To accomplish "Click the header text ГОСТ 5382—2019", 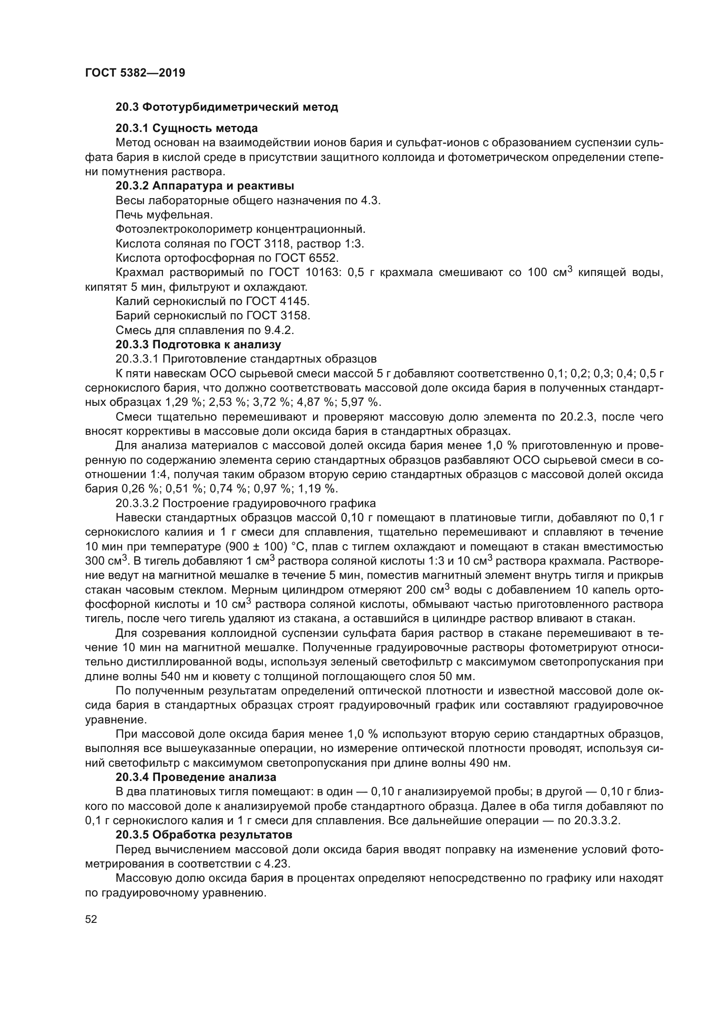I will click(x=135, y=73).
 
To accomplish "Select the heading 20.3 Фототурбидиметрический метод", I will click(x=227, y=107).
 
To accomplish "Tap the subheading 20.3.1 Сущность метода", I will click(x=187, y=128).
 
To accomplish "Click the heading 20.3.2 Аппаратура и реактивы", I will click(x=205, y=186).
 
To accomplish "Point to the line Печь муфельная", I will click(x=164, y=215).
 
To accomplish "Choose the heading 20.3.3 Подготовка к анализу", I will click(x=198, y=344).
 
